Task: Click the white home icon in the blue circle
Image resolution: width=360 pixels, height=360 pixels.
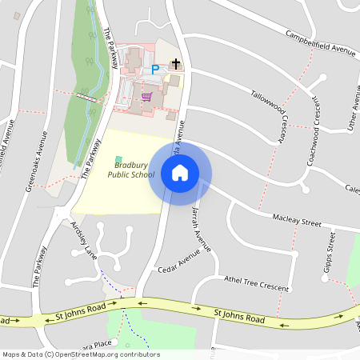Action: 180,173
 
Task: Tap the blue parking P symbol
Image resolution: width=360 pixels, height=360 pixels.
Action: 156,70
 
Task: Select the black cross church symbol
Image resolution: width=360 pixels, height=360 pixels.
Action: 176,64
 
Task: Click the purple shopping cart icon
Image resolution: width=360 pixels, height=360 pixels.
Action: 146,97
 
